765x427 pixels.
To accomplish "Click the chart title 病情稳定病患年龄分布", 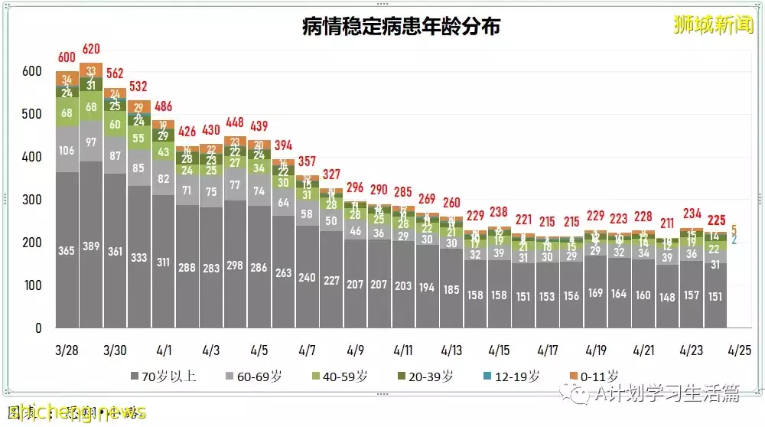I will [x=402, y=27].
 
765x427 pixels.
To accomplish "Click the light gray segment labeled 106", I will [x=68, y=150].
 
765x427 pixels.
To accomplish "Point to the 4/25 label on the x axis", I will [x=740, y=350].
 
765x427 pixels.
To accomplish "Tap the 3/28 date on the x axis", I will [x=68, y=350].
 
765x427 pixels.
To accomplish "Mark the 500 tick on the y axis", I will [x=31, y=114].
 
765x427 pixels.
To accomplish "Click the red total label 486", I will [x=164, y=106].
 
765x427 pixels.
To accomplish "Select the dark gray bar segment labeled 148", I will [x=667, y=297].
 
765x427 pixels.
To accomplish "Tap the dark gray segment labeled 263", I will [x=284, y=273].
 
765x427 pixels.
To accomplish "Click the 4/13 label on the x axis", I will [x=451, y=350].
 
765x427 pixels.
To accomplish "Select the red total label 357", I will [x=308, y=161].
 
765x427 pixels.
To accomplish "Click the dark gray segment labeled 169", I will [x=595, y=292].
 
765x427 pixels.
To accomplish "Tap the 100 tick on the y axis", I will [x=31, y=285].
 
